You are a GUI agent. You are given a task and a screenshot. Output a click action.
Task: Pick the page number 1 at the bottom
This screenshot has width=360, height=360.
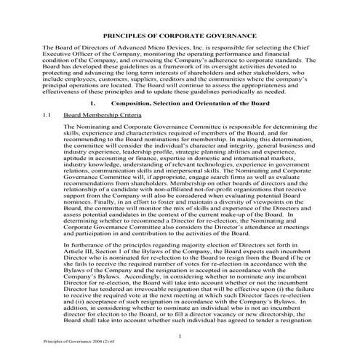(180, 335)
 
